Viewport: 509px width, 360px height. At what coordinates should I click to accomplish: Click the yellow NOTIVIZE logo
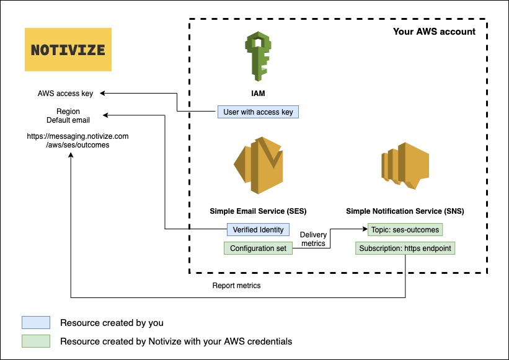(68, 50)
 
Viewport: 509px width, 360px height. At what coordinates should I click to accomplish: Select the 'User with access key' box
(258, 112)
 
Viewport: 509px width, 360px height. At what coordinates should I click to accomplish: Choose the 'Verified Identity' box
(258, 229)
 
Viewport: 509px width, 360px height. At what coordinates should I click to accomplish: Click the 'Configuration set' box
(258, 248)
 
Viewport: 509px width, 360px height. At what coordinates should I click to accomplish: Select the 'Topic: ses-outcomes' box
(404, 229)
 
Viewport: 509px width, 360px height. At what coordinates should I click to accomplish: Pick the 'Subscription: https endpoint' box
(405, 248)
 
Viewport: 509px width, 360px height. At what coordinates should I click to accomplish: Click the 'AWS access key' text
(65, 94)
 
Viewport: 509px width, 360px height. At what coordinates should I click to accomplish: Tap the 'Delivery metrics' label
(313, 239)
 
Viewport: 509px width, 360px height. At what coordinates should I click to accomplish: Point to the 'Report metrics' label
(236, 286)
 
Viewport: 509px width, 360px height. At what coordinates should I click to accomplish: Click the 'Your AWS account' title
(434, 32)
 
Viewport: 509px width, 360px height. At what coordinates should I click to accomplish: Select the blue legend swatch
(35, 323)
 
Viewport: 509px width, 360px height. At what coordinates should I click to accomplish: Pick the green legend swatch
(35, 341)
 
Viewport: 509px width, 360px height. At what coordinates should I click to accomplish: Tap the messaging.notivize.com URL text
(77, 139)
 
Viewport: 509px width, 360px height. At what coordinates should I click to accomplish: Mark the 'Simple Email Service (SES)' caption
(258, 211)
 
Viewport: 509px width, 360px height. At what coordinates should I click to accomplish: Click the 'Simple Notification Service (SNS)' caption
(405, 211)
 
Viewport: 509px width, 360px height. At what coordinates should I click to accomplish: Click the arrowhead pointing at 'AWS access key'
(104, 94)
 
